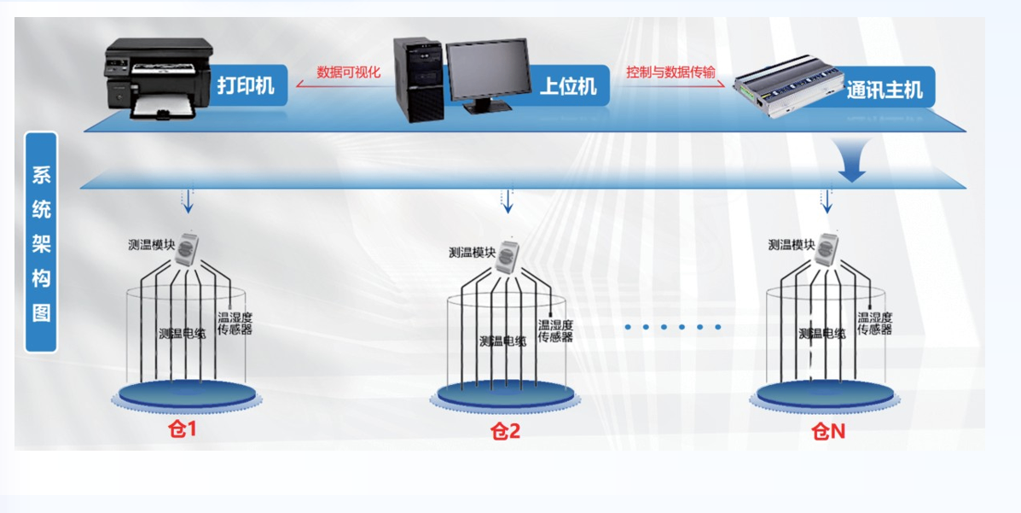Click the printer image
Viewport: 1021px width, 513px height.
click(x=158, y=79)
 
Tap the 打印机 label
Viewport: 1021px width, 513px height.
click(x=246, y=86)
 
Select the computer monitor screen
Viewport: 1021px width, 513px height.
click(x=487, y=68)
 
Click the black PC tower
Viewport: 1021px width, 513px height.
click(x=419, y=79)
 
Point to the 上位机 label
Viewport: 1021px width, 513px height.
click(x=568, y=86)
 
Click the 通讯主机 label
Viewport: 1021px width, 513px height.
click(x=884, y=90)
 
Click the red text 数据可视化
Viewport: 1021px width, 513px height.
click(x=348, y=73)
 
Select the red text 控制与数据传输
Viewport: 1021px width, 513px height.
click(x=670, y=73)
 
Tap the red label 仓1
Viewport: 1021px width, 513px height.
click(x=182, y=428)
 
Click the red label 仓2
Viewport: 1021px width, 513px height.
click(x=505, y=431)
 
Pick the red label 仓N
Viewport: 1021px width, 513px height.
click(x=828, y=431)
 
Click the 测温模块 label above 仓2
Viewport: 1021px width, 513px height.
click(x=472, y=253)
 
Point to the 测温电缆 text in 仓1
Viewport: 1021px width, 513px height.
click(x=182, y=334)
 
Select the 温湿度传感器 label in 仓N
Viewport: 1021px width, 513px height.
click(x=874, y=324)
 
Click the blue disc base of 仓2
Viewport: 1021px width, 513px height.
click(x=506, y=395)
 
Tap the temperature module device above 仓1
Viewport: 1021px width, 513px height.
click(x=188, y=248)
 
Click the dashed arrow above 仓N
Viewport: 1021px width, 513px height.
click(x=826, y=202)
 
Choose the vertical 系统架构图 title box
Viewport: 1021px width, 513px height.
click(x=41, y=242)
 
